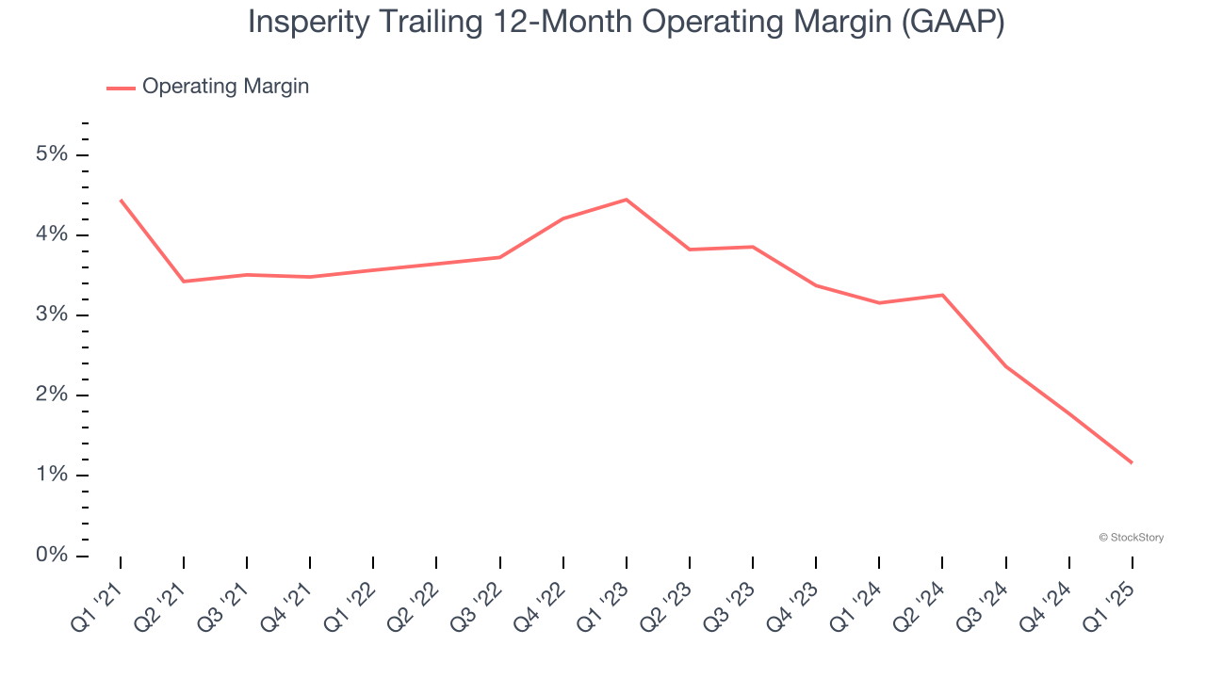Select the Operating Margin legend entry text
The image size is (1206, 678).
pyautogui.click(x=225, y=87)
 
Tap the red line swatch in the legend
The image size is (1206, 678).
pyautogui.click(x=121, y=88)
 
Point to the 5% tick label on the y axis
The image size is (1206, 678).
pyautogui.click(x=52, y=154)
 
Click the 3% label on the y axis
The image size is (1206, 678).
pyautogui.click(x=52, y=315)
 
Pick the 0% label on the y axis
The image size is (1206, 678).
pyautogui.click(x=52, y=555)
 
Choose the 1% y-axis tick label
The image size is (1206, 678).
pyautogui.click(x=52, y=475)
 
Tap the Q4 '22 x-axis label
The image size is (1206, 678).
pyautogui.click(x=540, y=606)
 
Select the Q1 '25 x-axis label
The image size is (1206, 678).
pyautogui.click(x=1109, y=606)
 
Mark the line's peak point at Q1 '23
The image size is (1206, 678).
pyautogui.click(x=627, y=200)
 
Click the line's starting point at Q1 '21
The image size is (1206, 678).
pyautogui.click(x=121, y=200)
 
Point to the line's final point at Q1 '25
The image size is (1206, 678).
pyautogui.click(x=1132, y=462)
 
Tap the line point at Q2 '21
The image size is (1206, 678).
pyautogui.click(x=184, y=282)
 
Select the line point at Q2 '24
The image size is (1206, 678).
pyautogui.click(x=942, y=295)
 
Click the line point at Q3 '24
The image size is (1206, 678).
pyautogui.click(x=1005, y=366)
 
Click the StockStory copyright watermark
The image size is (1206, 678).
pyautogui.click(x=1131, y=538)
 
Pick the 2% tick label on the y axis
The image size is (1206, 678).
pyautogui.click(x=52, y=395)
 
